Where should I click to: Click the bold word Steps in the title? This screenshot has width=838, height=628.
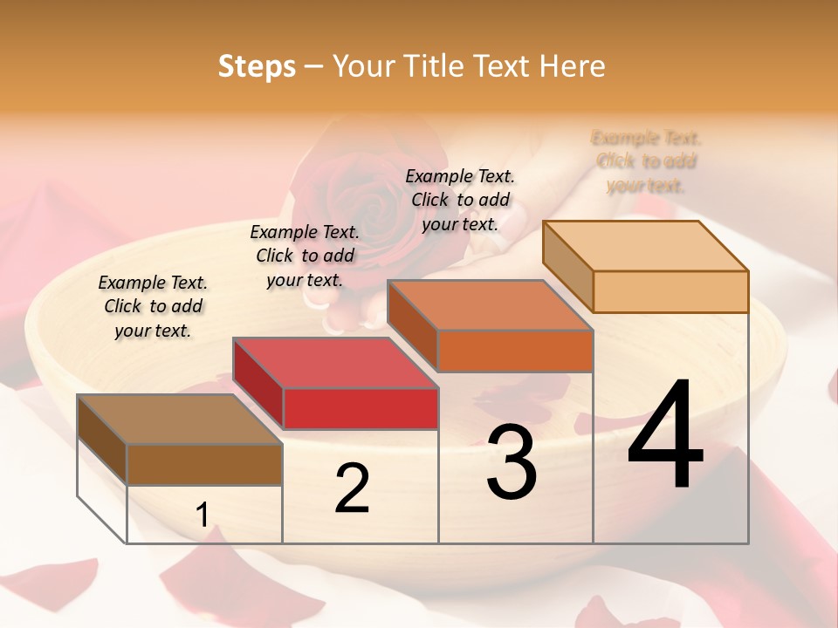(257, 66)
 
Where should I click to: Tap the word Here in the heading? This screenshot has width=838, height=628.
(572, 66)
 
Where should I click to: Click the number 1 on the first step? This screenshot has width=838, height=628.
(202, 515)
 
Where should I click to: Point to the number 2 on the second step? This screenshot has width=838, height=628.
(352, 489)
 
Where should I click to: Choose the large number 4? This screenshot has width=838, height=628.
(665, 435)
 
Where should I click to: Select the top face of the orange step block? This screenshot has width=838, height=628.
(490, 305)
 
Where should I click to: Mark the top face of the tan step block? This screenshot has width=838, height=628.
(645, 246)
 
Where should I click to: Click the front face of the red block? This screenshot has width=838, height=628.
(361, 408)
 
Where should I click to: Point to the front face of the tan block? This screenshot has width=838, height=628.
(670, 291)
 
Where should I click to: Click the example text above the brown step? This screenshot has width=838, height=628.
(153, 306)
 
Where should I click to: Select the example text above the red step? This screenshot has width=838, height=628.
(305, 256)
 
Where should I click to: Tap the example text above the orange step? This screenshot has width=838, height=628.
(460, 200)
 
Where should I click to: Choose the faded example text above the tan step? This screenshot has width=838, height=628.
(646, 161)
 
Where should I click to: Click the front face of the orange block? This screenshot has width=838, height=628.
(515, 351)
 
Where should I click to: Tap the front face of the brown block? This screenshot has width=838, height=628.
(204, 464)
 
